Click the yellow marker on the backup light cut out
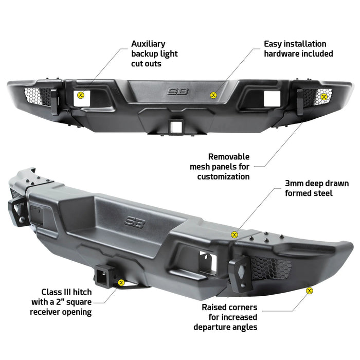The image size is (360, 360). [81, 95]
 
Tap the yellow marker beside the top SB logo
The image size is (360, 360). [213, 95]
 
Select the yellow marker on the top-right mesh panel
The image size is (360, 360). [324, 97]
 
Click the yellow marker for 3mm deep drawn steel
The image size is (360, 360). [234, 235]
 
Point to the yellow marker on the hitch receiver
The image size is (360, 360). [121, 283]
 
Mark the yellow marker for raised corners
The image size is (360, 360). [310, 291]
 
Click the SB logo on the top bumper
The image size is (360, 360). [178, 92]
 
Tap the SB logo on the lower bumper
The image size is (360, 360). [135, 222]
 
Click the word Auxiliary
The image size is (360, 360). [148, 44]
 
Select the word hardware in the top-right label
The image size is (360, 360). [282, 53]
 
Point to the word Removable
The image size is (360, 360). [229, 157]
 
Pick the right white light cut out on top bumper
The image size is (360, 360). [272, 99]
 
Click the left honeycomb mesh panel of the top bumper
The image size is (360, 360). [38, 97]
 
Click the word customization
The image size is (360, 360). [223, 176]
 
